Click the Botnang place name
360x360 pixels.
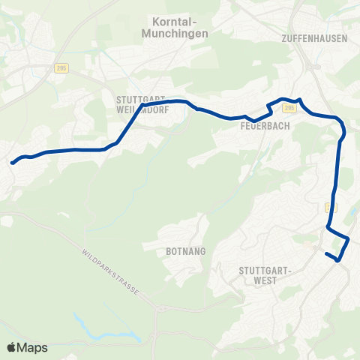pos(181,253)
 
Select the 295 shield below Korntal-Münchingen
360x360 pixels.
pos(61,68)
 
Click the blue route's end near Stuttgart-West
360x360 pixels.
pos(327,255)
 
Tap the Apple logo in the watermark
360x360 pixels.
pos(13,347)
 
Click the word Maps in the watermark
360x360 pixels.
pos(34,347)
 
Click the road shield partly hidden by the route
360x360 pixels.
pos(330,205)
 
